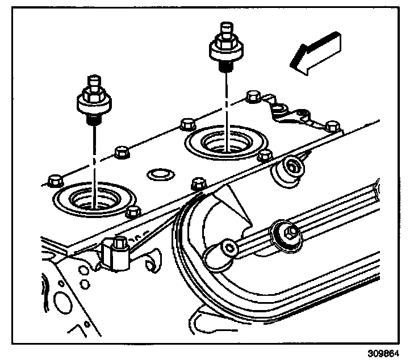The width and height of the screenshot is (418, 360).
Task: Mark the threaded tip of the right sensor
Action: pos(225,66)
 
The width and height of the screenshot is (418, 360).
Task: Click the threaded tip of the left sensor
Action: pos(92,119)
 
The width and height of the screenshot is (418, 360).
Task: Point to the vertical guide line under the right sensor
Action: pos(225,102)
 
